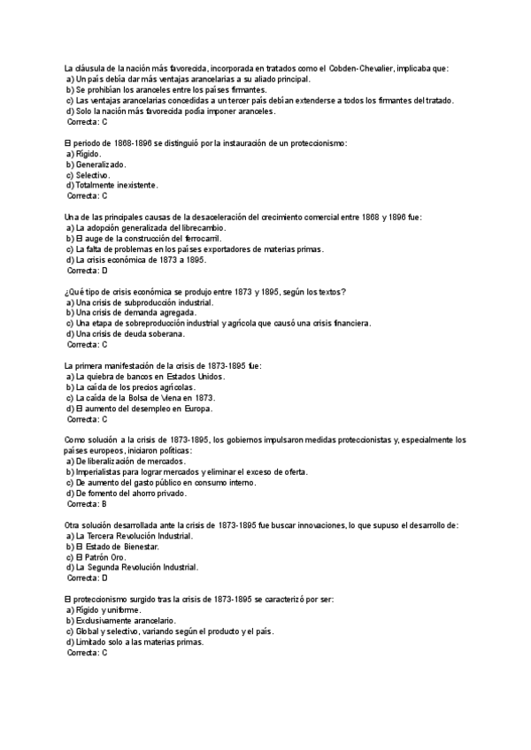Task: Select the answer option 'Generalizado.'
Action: coord(101,165)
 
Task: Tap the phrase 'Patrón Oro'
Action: coord(110,557)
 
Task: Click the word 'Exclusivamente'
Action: coord(107,621)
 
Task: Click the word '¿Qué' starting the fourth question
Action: coord(75,292)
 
